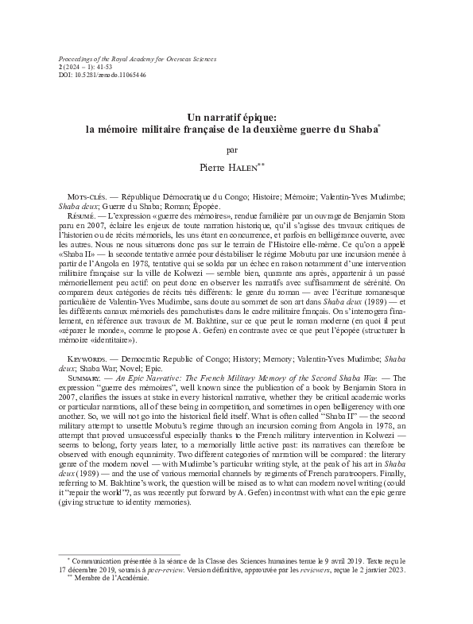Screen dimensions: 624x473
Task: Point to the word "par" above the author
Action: click(236, 148)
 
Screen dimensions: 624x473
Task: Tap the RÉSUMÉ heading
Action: click(79, 215)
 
